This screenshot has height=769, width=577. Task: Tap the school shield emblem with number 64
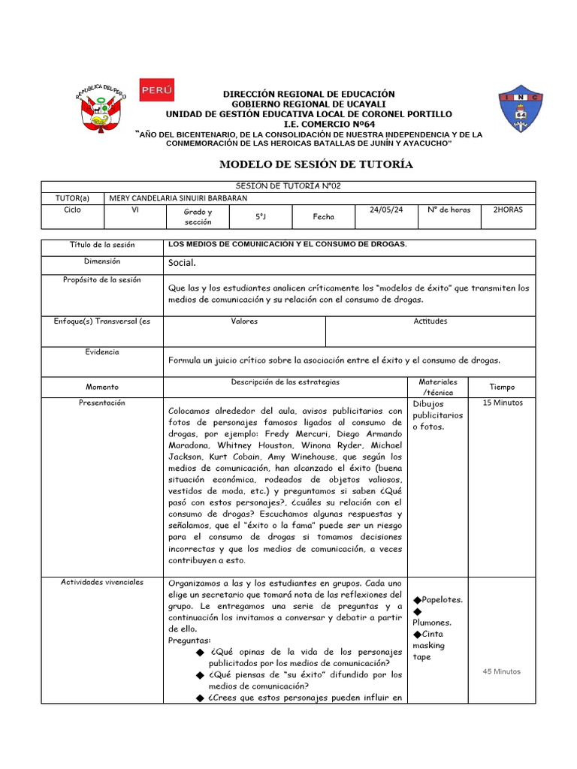click(521, 109)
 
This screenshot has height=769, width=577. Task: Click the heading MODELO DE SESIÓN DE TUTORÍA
click(316, 164)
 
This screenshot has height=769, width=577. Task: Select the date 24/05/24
click(387, 210)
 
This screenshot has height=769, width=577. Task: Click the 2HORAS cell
click(508, 210)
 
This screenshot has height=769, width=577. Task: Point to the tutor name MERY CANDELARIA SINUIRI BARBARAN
click(178, 198)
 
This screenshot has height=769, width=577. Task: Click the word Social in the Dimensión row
click(182, 263)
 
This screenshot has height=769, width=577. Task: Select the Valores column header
click(244, 321)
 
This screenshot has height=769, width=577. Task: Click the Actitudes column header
click(430, 321)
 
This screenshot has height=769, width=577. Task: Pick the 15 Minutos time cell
click(503, 403)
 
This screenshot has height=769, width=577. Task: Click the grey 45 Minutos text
click(503, 671)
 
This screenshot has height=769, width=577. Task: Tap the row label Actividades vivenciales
click(103, 582)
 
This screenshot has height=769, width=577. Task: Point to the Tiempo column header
click(502, 388)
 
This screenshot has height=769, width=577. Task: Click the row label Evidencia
click(102, 352)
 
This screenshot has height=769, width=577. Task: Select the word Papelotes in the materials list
click(442, 600)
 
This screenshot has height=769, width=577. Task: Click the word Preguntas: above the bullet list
click(190, 641)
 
